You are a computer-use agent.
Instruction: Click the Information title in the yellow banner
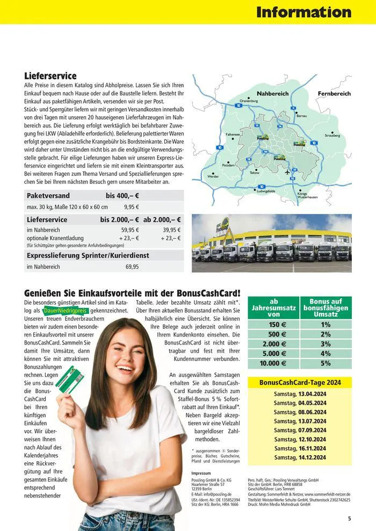[303, 12]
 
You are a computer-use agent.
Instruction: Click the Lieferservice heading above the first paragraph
[50, 76]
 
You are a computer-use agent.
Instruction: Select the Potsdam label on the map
[228, 166]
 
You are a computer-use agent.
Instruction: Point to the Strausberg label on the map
[332, 135]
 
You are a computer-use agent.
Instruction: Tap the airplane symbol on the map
[287, 171]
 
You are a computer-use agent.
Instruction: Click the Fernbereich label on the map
[334, 94]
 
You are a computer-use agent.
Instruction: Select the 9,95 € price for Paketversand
[132, 207]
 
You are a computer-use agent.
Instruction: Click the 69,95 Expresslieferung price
[132, 267]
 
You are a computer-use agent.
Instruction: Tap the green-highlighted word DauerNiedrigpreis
[65, 311]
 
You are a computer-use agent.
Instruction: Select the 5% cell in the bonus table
[326, 363]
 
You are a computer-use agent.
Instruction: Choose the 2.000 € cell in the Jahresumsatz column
[274, 344]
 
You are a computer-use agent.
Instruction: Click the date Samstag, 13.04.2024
[300, 394]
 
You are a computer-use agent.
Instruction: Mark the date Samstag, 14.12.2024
[300, 457]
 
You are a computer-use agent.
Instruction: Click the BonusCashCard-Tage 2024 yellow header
[300, 383]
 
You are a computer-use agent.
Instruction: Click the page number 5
[349, 519]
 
